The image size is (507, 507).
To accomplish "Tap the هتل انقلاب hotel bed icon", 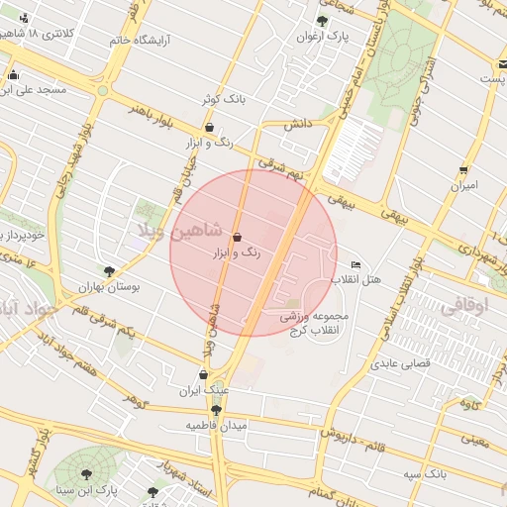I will (356, 264).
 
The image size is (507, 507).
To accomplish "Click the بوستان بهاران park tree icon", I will (109, 270).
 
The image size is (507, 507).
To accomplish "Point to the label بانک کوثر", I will (222, 99).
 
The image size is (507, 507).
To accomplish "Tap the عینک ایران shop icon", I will (203, 375).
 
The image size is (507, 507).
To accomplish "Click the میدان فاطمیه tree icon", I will (216, 409).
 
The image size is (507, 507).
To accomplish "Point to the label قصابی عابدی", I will (398, 363).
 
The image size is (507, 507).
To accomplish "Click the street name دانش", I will (299, 125).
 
